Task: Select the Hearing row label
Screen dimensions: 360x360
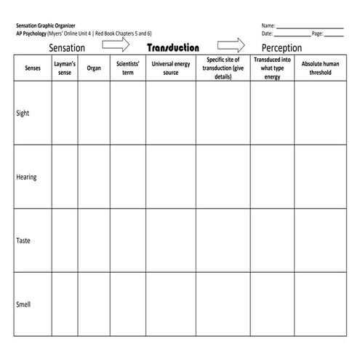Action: click(x=26, y=177)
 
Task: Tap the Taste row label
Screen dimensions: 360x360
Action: click(x=23, y=240)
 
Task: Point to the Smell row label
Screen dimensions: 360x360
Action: click(x=23, y=304)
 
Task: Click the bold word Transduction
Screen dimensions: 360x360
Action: click(x=172, y=47)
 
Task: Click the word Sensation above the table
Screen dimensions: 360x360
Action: click(x=67, y=48)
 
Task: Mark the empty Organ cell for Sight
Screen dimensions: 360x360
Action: click(x=94, y=113)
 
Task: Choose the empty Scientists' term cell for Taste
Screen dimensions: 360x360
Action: click(x=127, y=240)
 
